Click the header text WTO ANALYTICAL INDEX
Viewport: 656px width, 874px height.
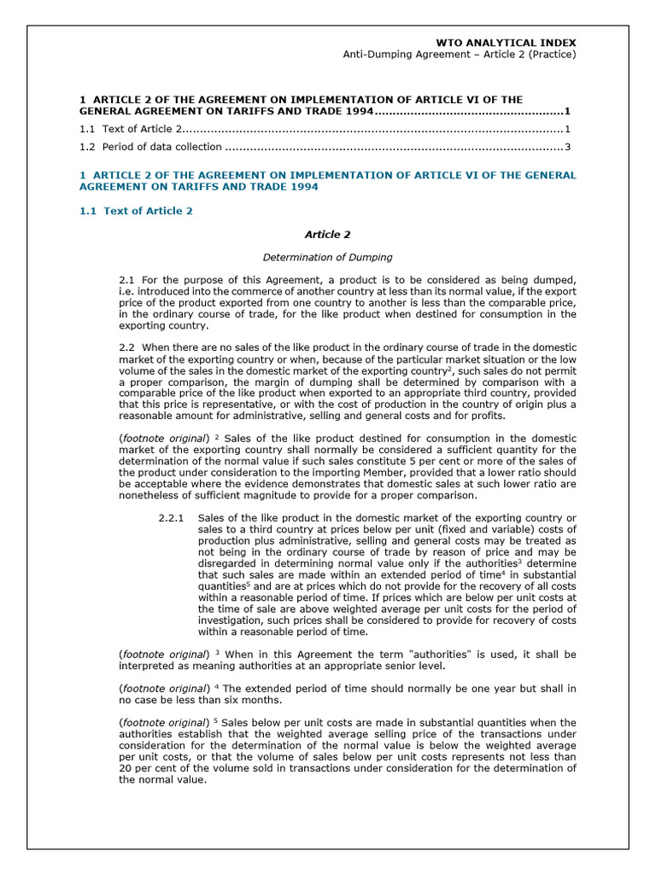506,42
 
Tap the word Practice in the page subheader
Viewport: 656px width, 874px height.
550,55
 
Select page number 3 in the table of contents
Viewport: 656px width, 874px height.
567,147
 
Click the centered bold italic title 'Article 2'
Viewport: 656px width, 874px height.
327,234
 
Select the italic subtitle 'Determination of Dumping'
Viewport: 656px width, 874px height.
327,257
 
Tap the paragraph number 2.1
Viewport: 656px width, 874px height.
127,280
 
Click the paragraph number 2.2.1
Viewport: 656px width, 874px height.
172,518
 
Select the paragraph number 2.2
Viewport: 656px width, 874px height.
127,347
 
